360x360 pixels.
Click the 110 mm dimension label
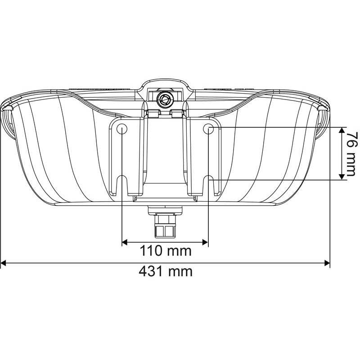pyautogui.click(x=165, y=251)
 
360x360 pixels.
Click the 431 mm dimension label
pyautogui.click(x=165, y=271)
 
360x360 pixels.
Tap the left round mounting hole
pyautogui.click(x=122, y=129)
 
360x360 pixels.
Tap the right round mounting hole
pyautogui.click(x=208, y=129)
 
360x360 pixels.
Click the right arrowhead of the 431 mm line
pyautogui.click(x=327, y=262)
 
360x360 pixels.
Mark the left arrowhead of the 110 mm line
pyautogui.click(x=126, y=243)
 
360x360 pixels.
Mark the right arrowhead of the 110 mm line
pyautogui.click(x=205, y=243)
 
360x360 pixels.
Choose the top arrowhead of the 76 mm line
pyautogui.click(x=343, y=130)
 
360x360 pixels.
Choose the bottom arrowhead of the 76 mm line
pyautogui.click(x=343, y=176)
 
